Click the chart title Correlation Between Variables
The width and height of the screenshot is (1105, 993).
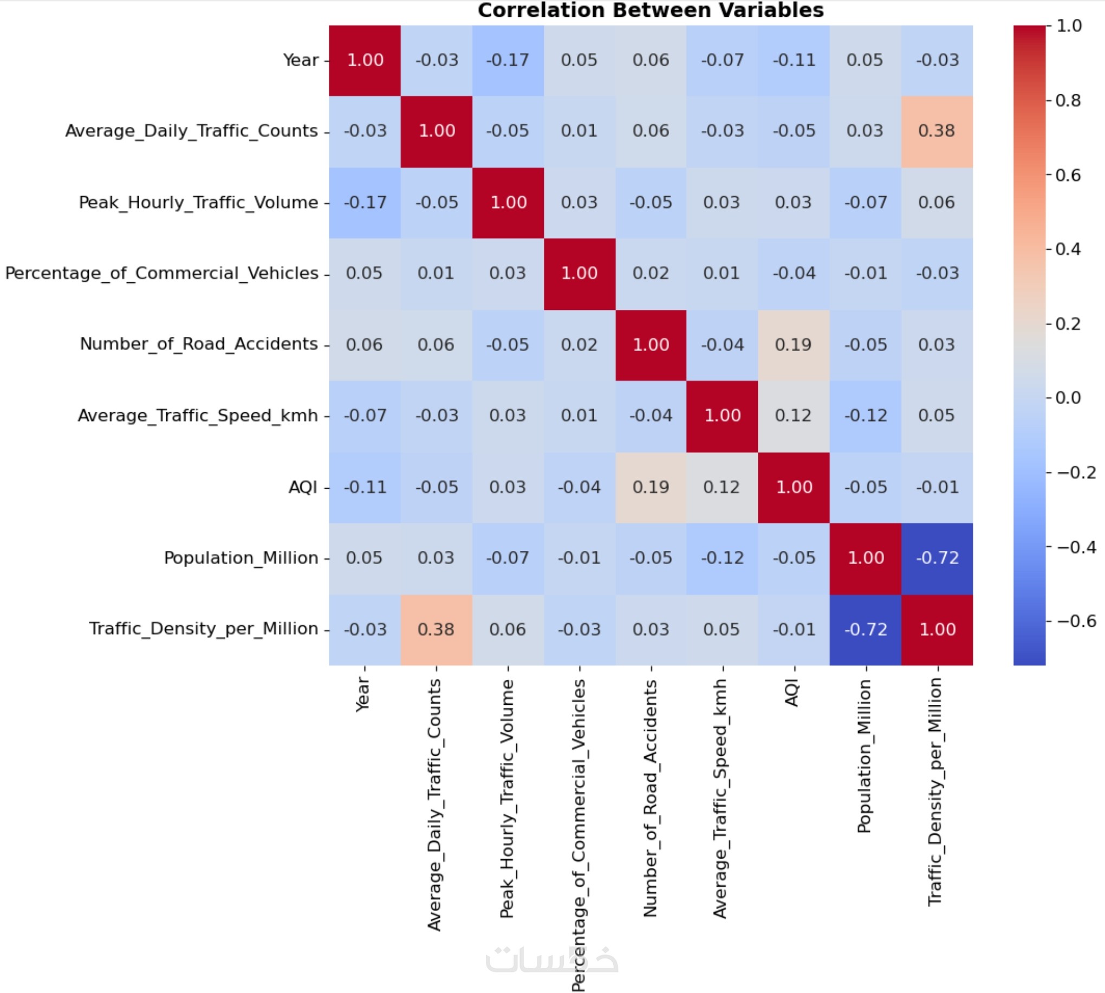click(650, 10)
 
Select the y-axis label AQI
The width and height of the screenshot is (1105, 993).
click(303, 486)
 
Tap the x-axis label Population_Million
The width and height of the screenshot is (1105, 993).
click(864, 756)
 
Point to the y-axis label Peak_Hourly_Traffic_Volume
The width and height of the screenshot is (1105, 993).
click(198, 203)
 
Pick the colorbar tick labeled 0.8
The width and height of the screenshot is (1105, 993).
click(1068, 100)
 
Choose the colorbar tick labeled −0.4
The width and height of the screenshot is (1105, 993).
click(1076, 547)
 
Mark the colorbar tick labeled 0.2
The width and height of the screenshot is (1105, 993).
click(1068, 323)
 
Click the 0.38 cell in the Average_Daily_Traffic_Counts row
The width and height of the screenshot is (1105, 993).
click(937, 131)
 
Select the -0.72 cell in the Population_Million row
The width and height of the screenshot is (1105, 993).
click(937, 557)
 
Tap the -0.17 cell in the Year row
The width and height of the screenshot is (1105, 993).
click(507, 60)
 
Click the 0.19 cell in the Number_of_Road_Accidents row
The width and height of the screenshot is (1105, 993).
click(793, 345)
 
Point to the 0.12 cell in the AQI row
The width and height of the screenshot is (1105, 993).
click(721, 486)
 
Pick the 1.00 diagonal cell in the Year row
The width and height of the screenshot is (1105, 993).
click(365, 60)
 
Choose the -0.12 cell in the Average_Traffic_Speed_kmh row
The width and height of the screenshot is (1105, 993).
click(865, 416)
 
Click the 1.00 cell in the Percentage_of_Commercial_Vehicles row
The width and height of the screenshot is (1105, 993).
click(579, 274)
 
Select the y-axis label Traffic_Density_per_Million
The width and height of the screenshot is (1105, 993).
click(204, 628)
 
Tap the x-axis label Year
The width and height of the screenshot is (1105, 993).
click(363, 695)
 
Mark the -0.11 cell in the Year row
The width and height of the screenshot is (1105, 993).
click(794, 60)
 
